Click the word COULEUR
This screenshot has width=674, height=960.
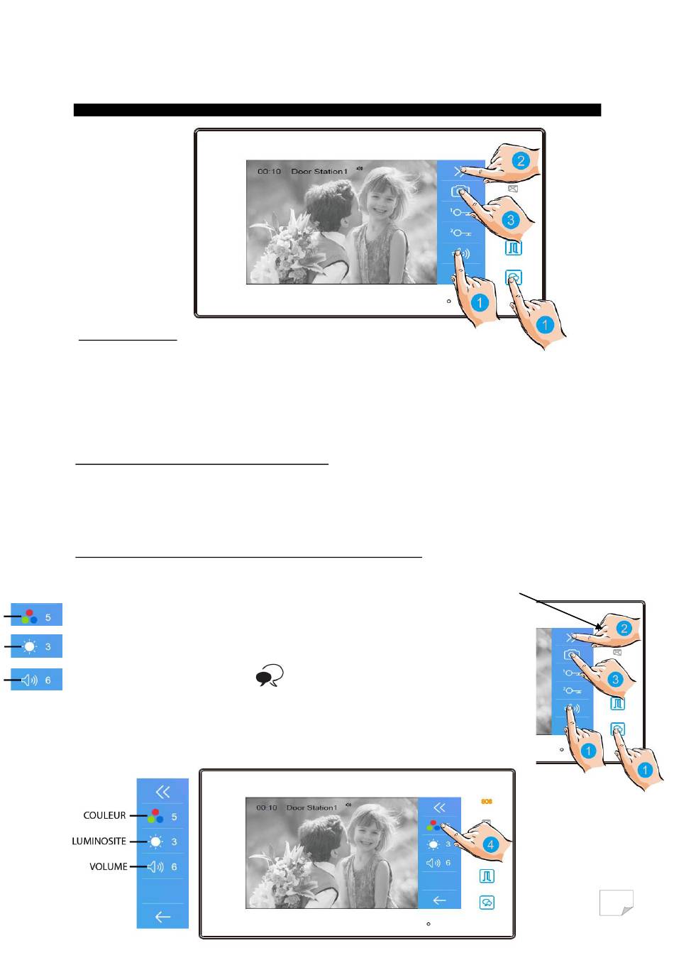104,815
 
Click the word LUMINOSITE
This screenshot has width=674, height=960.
99,842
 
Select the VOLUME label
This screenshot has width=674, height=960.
109,866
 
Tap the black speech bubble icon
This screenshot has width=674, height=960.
270,675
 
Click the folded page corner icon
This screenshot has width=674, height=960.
616,902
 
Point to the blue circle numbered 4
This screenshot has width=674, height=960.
490,844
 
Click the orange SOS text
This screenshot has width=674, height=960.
486,802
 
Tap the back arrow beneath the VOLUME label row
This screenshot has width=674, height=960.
162,917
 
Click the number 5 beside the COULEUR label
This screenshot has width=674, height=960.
174,817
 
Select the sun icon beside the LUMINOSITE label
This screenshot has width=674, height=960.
155,842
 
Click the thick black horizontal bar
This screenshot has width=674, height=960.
337,110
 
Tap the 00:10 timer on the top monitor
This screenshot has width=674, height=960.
269,172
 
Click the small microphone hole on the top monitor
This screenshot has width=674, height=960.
448,302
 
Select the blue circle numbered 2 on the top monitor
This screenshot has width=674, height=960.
521,161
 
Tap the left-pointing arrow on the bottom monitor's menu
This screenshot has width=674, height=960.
439,900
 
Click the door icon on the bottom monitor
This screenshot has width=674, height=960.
487,876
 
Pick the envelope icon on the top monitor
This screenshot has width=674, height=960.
513,189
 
